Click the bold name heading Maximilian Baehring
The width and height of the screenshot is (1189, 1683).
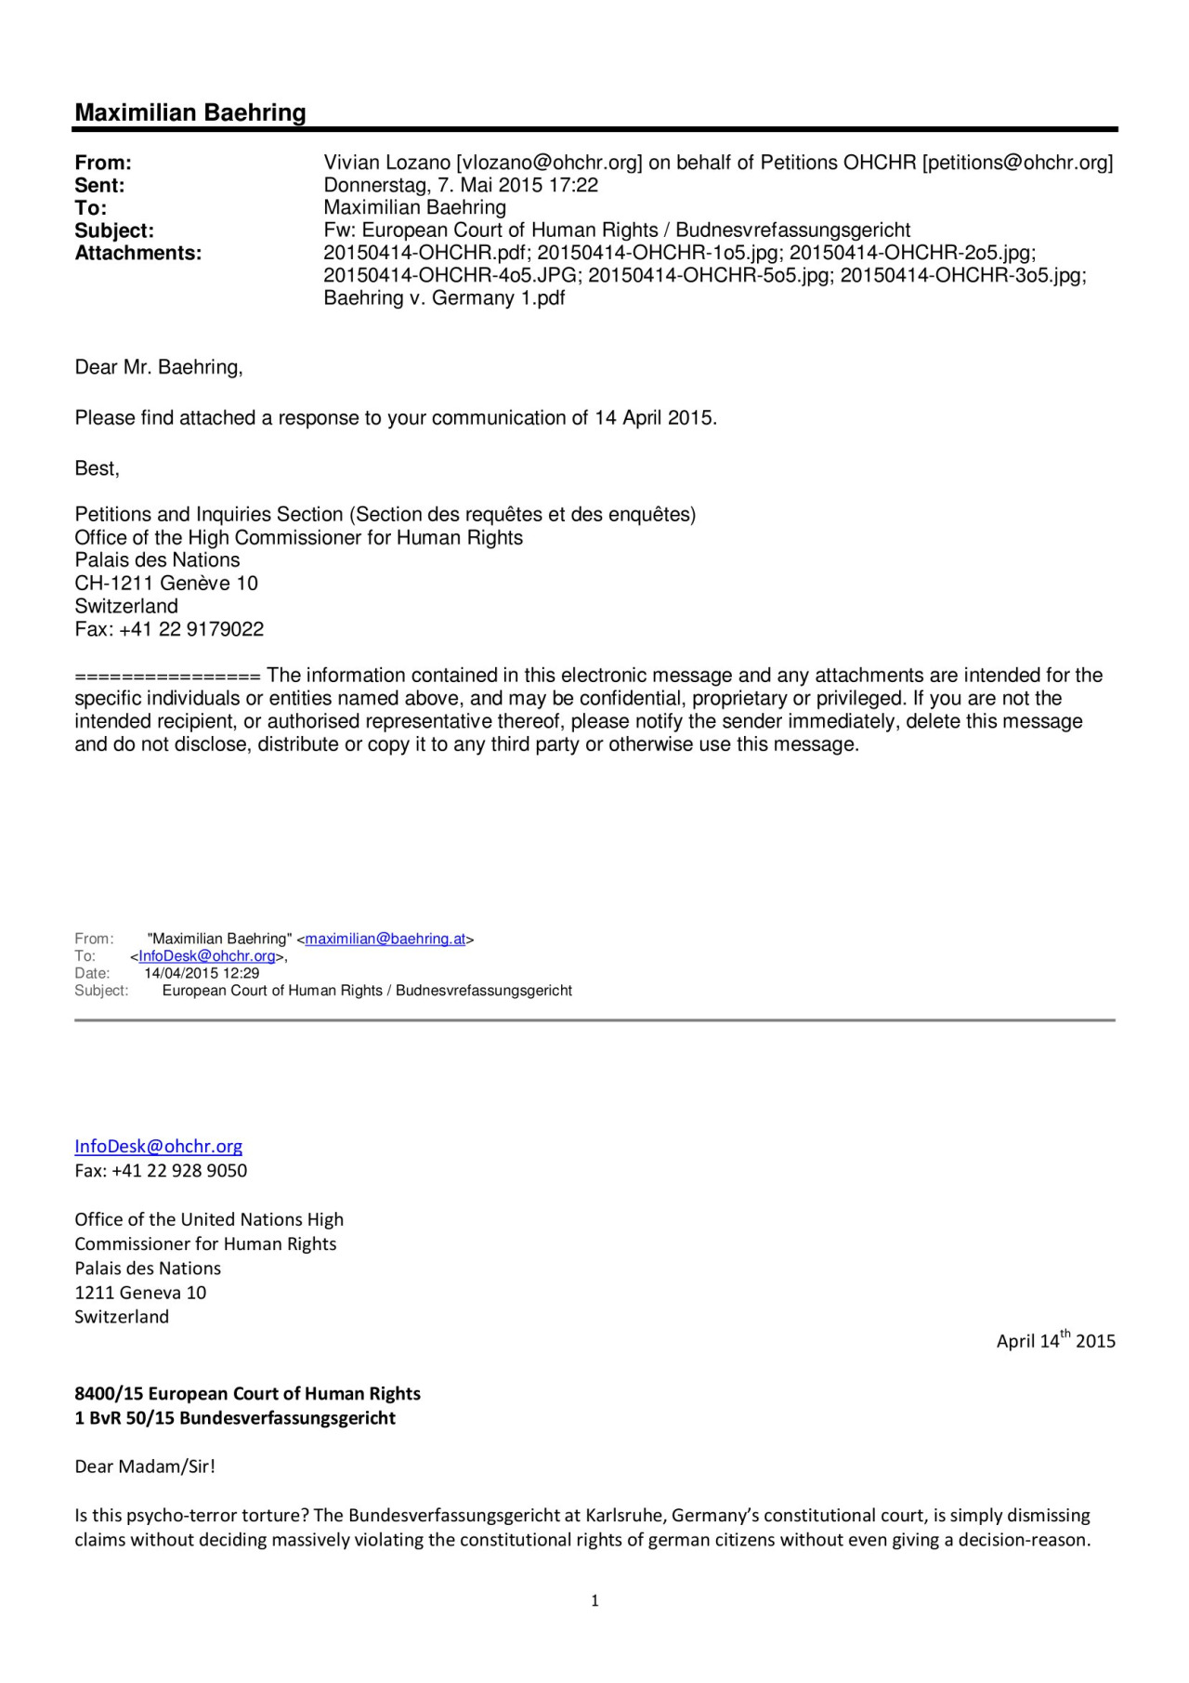pos(190,112)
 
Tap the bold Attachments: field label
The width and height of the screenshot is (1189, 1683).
pos(137,253)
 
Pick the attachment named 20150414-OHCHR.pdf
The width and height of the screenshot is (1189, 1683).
pos(426,253)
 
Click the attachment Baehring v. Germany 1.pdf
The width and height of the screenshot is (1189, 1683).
pos(444,298)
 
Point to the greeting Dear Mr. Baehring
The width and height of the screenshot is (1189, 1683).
pos(158,367)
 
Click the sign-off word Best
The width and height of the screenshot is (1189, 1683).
pos(96,468)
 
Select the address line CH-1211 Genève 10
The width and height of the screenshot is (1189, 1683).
pos(166,584)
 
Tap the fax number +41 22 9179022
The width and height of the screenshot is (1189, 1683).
pos(191,629)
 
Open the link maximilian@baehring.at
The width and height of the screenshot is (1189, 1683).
pos(385,939)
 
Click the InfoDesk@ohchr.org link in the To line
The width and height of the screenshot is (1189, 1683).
pos(207,955)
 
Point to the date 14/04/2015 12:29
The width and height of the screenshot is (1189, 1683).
pos(202,973)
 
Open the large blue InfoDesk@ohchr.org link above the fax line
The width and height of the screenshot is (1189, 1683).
pos(158,1146)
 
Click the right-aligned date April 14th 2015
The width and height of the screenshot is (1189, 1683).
pos(1055,1340)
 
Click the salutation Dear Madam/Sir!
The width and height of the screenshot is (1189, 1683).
pos(144,1466)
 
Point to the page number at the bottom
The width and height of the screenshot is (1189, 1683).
pos(594,1600)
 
